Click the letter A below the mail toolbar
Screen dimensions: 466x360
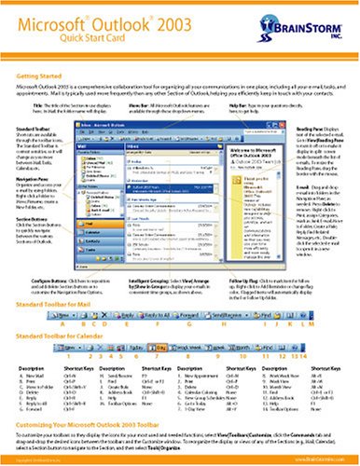click(48, 327)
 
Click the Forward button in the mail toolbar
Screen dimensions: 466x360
click(159, 319)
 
